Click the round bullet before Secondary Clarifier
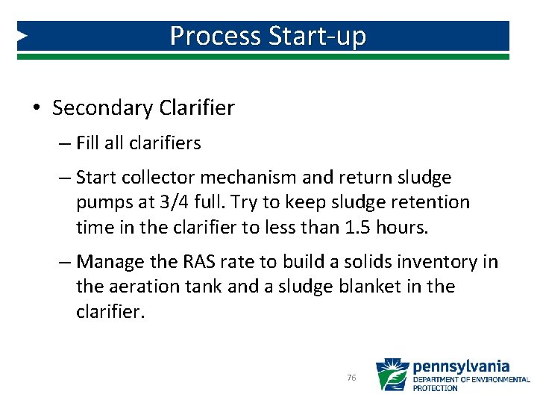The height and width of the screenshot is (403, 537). click(x=37, y=108)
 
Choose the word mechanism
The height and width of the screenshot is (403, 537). click(x=252, y=178)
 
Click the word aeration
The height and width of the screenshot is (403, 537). click(x=142, y=287)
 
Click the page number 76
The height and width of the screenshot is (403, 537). click(x=351, y=378)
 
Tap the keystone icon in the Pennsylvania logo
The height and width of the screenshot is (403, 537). click(x=392, y=375)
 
